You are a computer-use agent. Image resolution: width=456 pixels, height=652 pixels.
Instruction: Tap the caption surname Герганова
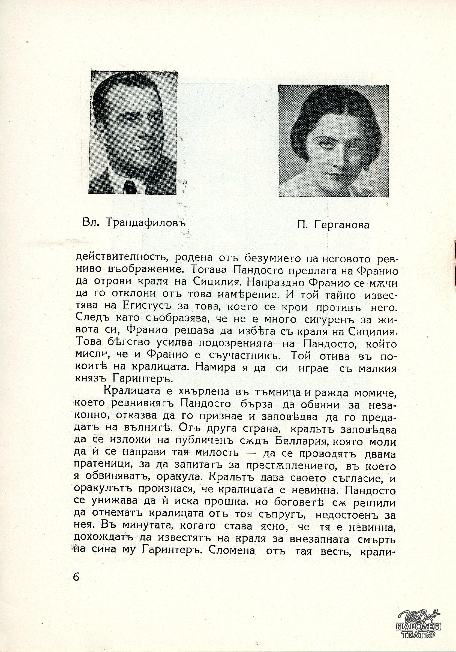(x=342, y=225)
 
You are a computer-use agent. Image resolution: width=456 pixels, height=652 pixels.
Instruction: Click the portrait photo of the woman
(x=333, y=141)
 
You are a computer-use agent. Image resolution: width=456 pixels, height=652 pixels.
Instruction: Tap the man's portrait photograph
(x=134, y=133)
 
